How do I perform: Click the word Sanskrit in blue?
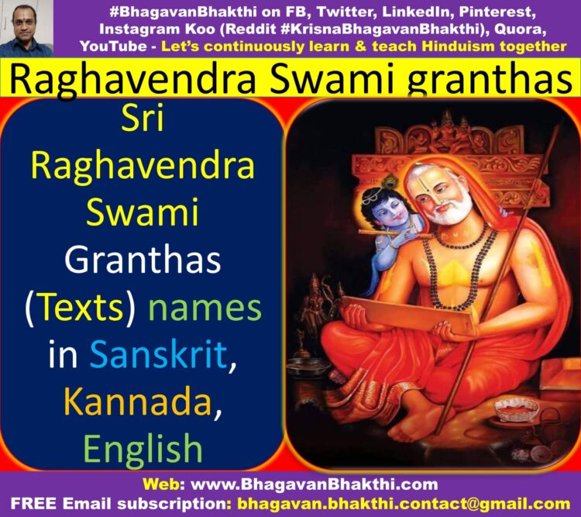159,354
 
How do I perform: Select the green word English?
143,449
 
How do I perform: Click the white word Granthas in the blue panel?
143,259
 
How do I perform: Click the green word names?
205,308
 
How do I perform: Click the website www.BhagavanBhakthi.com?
314,484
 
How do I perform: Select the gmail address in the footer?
404,504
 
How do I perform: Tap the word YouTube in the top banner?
113,47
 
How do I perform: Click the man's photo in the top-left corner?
26,29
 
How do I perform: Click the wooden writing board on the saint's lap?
407,315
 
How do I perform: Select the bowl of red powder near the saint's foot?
517,409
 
